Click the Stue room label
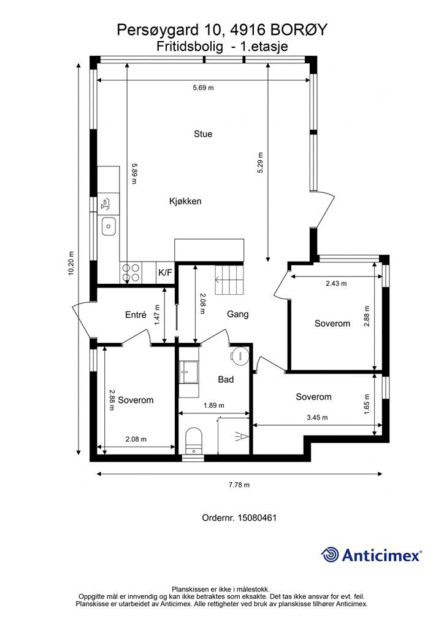point(203,134)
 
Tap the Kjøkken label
point(185,201)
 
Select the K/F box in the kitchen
point(165,273)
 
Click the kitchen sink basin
point(109,227)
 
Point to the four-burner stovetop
point(131,272)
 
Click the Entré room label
point(136,315)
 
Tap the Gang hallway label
point(238,314)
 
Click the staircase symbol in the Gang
point(229,279)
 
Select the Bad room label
point(226,380)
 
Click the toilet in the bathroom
point(194,441)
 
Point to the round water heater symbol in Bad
point(240,356)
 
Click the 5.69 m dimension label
point(204,87)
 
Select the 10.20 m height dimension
point(71,264)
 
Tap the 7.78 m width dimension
point(239,485)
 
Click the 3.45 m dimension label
point(317,417)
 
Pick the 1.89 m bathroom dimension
point(214,405)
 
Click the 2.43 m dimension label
point(336,283)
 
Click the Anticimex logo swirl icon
point(330,555)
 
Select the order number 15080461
point(257,517)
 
